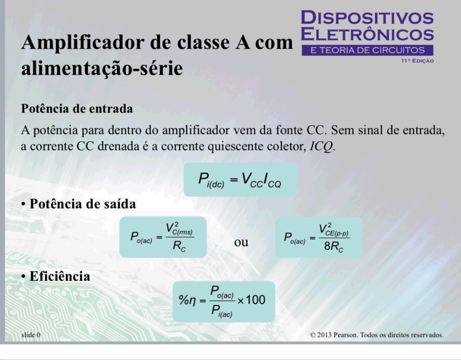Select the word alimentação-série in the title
click(102, 68)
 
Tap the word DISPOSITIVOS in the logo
click(367, 18)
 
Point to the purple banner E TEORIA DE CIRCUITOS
click(367, 50)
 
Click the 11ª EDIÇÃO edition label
click(417, 61)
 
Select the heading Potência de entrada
click(76, 109)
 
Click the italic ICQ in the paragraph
click(322, 146)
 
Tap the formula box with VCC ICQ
click(241, 180)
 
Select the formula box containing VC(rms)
click(163, 237)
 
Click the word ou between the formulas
click(241, 243)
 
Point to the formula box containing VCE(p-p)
click(319, 237)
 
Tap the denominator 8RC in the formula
click(334, 246)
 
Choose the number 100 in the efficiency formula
click(255, 300)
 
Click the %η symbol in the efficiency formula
click(187, 300)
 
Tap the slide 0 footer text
click(31, 335)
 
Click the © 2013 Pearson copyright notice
click(377, 335)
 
